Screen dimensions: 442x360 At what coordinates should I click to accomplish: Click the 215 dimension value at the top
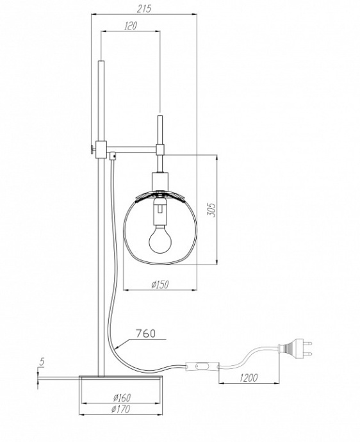[x=144, y=8]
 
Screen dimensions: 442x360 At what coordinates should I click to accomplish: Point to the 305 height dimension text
[x=212, y=209]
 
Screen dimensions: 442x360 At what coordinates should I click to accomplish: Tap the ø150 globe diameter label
[x=160, y=285]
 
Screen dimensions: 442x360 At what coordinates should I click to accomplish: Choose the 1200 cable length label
[x=247, y=377]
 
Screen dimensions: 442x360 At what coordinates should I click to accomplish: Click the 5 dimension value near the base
[x=42, y=363]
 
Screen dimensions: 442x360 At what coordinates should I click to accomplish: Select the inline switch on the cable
[x=202, y=368]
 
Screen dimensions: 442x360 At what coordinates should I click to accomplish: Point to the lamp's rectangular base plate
[x=122, y=379]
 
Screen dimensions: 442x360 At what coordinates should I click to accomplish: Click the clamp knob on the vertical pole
[x=93, y=149]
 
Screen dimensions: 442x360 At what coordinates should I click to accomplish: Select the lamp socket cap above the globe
[x=160, y=181]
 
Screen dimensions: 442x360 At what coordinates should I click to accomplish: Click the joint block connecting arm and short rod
[x=160, y=150]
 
